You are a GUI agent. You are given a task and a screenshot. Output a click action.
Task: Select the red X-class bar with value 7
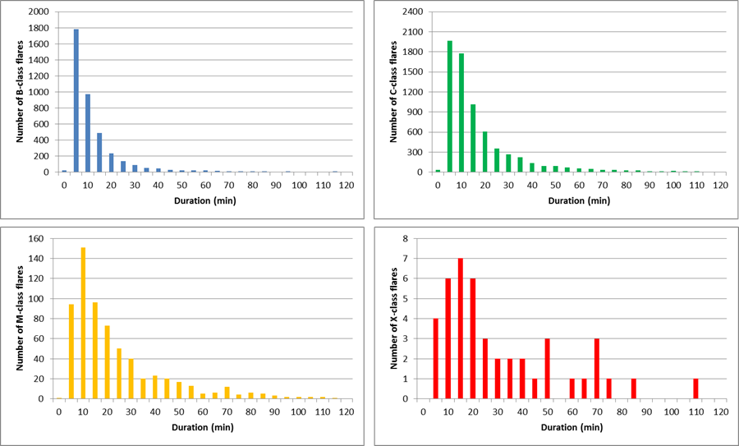click(461, 329)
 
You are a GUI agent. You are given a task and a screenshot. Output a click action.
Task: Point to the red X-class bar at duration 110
click(695, 389)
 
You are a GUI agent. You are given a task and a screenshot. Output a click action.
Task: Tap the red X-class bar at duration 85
click(634, 389)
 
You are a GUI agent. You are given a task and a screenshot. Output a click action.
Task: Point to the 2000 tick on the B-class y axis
click(38, 12)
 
